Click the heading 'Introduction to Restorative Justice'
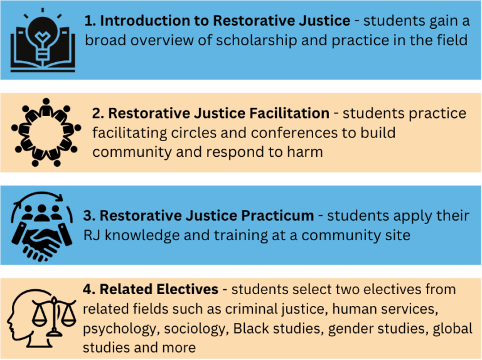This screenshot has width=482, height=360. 225,21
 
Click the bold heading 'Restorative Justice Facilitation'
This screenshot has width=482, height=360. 218,114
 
